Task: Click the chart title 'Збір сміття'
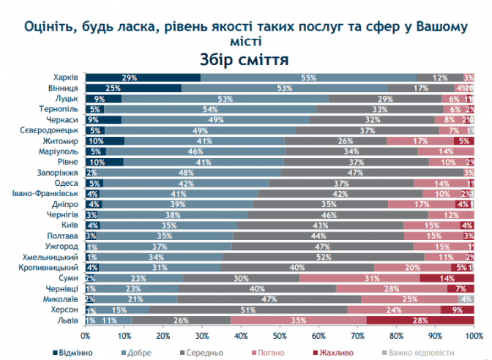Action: click(x=245, y=59)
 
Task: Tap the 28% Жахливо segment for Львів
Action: click(x=420, y=320)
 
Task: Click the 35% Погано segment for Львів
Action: click(x=298, y=320)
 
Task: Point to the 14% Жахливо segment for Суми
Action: click(x=447, y=278)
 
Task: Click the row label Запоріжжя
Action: click(x=59, y=173)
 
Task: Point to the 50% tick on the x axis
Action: click(x=280, y=335)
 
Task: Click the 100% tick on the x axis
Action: click(x=474, y=335)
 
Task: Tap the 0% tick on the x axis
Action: click(x=86, y=335)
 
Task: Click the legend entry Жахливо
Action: click(x=335, y=352)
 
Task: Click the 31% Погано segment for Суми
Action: click(x=359, y=278)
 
